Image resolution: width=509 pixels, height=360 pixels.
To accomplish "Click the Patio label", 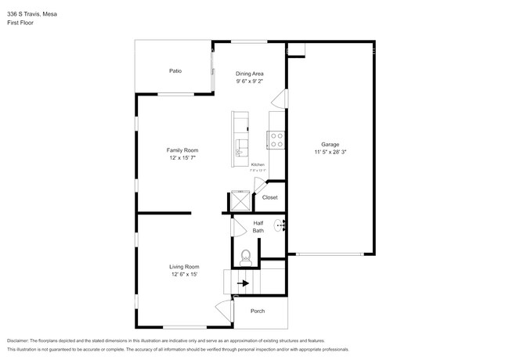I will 175,71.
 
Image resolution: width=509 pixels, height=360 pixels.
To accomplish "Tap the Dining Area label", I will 250,73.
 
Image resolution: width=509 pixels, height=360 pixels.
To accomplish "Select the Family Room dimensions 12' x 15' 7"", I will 182,158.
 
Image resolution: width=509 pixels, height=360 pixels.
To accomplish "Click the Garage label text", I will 330,145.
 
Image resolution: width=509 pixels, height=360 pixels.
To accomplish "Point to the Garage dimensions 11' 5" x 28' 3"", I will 330,153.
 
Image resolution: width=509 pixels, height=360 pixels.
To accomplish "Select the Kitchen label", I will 258,164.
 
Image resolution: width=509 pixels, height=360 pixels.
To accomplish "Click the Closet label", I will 269,197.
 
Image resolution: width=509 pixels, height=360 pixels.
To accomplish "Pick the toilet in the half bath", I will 245,255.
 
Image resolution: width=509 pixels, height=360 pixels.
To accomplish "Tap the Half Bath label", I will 258,227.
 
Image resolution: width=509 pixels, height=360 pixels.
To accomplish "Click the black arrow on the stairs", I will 243,283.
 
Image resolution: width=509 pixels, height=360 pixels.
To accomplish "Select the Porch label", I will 258,311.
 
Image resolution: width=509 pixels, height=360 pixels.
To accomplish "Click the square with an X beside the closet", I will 240,201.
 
